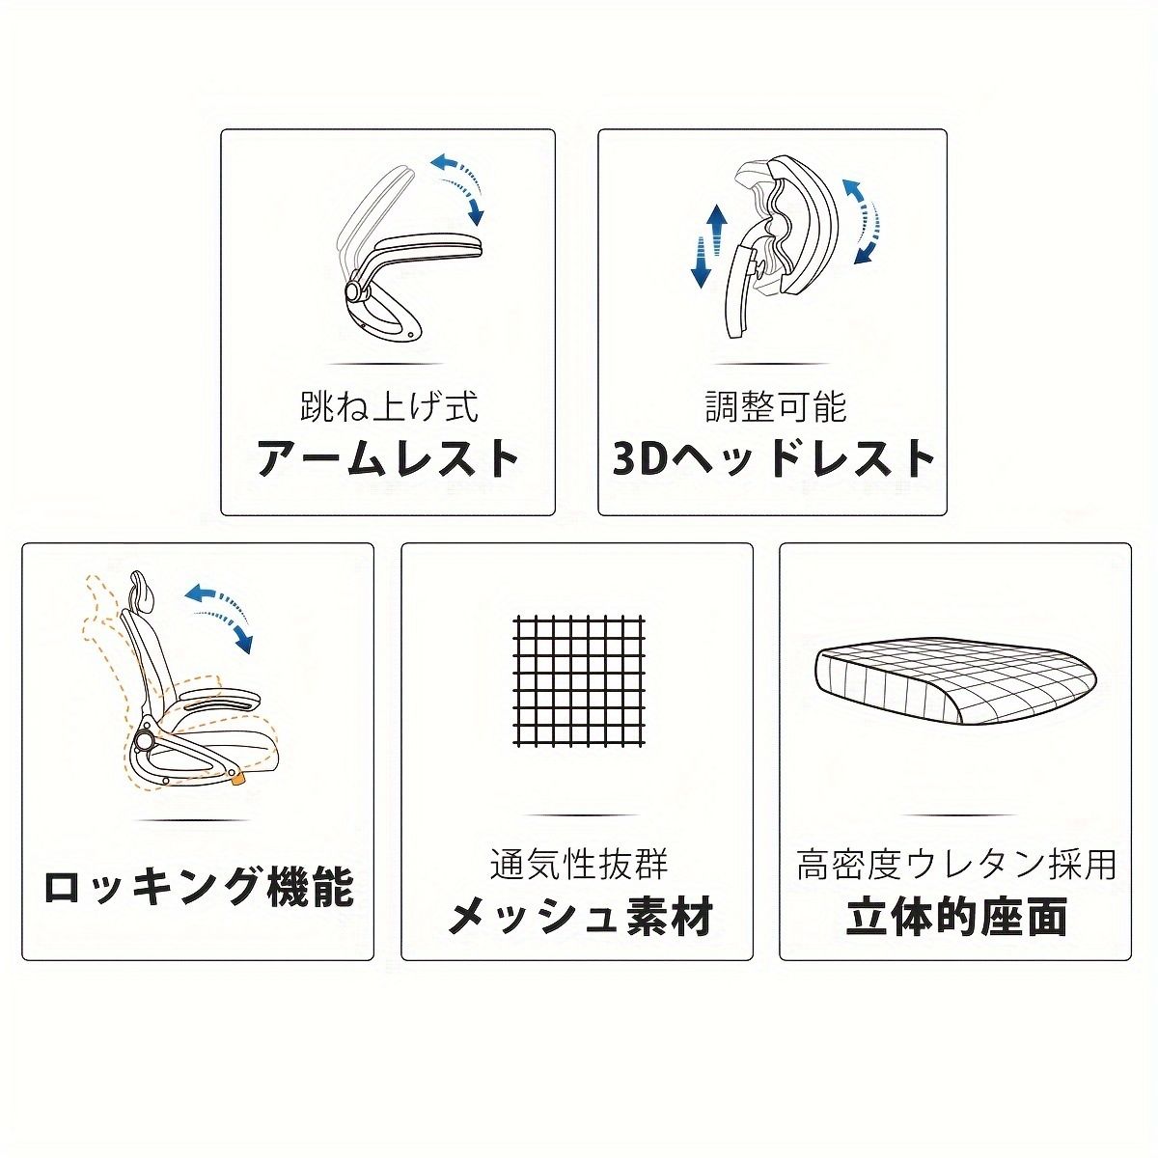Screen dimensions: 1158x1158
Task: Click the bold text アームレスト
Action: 388,458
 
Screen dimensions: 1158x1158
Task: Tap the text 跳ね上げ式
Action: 388,405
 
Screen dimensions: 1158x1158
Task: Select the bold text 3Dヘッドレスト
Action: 774,458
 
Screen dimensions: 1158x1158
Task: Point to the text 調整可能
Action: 774,405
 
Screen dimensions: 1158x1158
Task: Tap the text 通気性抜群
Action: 578,863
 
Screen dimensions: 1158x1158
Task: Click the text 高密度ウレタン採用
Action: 955,863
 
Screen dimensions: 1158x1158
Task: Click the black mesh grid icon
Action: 579,679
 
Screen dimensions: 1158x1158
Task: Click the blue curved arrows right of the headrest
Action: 865,220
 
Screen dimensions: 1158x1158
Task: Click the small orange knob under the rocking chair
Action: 236,778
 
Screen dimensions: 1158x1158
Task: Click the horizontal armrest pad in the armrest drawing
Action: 429,246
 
